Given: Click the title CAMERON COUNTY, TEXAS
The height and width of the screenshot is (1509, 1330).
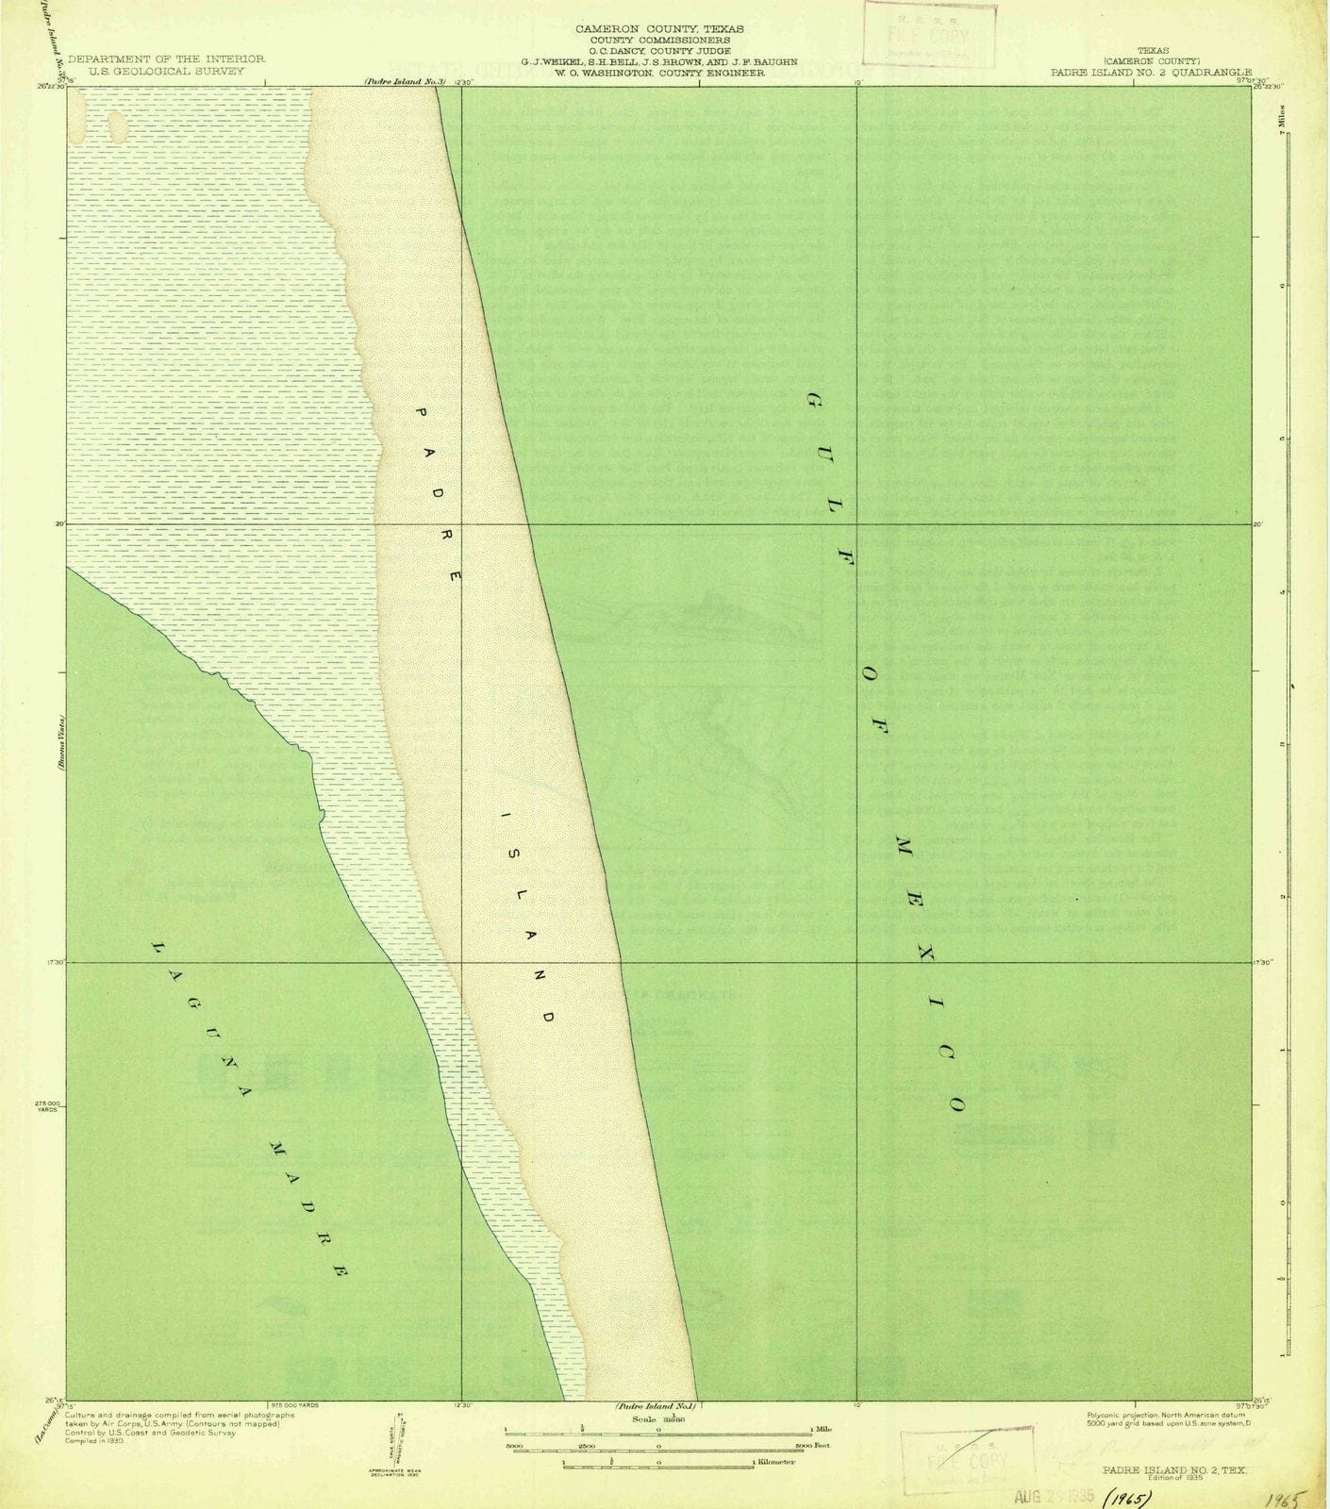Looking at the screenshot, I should coord(659,29).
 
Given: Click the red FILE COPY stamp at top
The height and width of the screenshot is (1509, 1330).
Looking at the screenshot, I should coord(929,35).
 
